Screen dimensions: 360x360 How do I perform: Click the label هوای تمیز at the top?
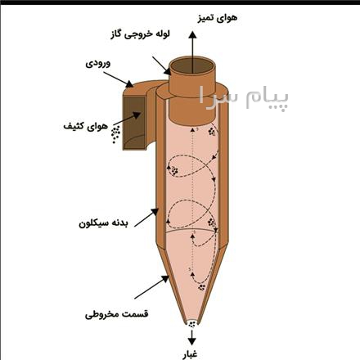[217, 18]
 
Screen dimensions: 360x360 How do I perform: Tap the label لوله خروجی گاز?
[140, 34]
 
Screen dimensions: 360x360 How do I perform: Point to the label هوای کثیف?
[86, 126]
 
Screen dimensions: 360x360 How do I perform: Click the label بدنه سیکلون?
[103, 223]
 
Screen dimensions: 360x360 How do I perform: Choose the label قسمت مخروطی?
[117, 314]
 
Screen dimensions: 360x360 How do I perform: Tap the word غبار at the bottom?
[190, 354]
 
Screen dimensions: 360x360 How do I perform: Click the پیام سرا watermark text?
[243, 98]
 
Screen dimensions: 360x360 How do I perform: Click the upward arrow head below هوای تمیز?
[192, 35]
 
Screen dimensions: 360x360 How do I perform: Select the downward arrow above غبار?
[192, 337]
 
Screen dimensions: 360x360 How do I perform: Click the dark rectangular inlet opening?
[134, 123]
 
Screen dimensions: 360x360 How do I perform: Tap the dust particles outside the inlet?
[115, 134]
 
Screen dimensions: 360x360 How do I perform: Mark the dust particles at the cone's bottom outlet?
[192, 324]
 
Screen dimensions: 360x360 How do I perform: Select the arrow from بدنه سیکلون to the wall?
[146, 218]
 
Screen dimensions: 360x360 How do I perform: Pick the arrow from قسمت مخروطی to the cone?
[151, 287]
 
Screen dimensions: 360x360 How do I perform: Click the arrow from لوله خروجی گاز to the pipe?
[162, 65]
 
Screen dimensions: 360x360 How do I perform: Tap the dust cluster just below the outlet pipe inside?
[212, 133]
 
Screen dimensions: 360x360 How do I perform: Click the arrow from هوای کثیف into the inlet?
[127, 119]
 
